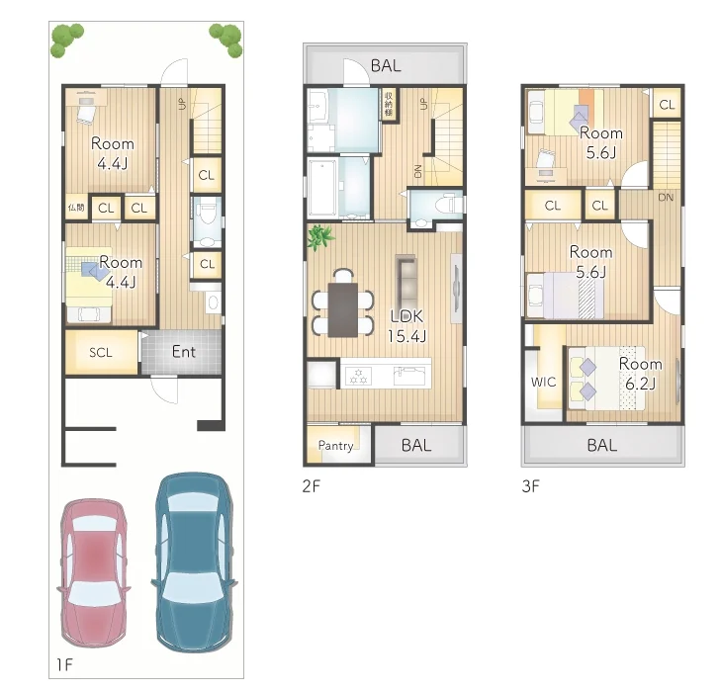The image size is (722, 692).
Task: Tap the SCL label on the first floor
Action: [100, 353]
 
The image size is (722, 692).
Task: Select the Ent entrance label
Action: [183, 352]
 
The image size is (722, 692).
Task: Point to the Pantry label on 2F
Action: [336, 446]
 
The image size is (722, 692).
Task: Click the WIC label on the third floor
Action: [543, 382]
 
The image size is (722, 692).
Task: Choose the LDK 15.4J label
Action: [407, 327]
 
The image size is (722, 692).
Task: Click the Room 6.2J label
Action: [640, 373]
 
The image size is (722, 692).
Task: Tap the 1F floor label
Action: [62, 664]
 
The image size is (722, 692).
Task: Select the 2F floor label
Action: [313, 485]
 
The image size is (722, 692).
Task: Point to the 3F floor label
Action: [531, 485]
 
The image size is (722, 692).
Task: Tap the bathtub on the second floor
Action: [322, 188]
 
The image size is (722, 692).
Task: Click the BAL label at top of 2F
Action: [386, 65]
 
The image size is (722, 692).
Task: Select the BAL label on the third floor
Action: [601, 445]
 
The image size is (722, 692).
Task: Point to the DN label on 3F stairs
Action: [666, 198]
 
